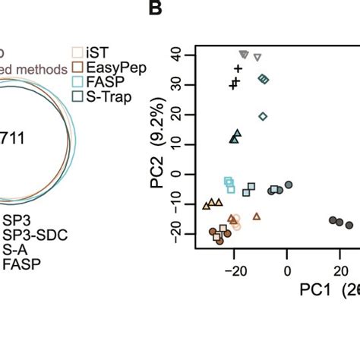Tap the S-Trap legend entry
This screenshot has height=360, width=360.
point(105,96)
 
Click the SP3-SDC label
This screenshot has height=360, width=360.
point(35,235)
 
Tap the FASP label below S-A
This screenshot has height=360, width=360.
point(22,264)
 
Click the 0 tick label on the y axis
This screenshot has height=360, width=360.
point(181,174)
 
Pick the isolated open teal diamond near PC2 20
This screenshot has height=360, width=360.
point(263,116)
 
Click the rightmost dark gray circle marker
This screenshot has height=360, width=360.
point(349,225)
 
